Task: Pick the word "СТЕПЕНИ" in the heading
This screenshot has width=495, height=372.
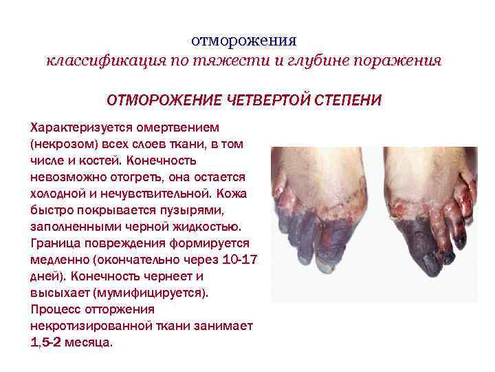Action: pos(347,101)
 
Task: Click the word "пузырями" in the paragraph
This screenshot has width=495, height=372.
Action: pos(165,209)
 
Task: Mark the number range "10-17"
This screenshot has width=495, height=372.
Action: pos(239,259)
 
